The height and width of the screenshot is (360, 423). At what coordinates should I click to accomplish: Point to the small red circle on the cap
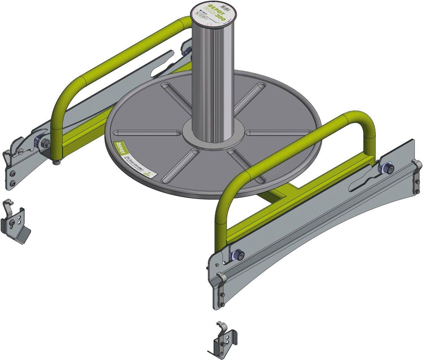coord(210,25)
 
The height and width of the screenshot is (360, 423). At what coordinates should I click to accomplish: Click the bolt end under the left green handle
coord(57,162)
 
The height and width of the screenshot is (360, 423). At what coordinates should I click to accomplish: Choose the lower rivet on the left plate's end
coord(13,183)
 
